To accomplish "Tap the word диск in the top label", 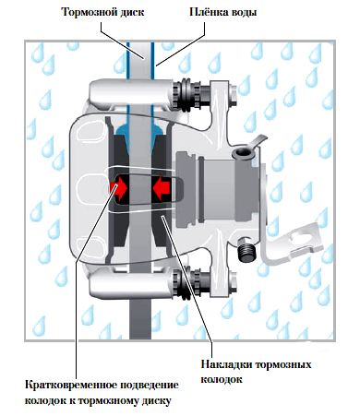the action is click(x=132, y=13).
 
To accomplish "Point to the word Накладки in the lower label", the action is click(x=226, y=364).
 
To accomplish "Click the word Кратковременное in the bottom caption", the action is click(x=71, y=385).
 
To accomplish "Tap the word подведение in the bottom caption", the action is click(x=150, y=386).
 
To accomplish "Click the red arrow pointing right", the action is click(x=119, y=187).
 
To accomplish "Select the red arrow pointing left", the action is click(x=162, y=187).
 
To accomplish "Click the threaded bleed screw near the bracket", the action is click(x=246, y=249).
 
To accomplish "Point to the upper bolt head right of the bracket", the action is click(x=233, y=93).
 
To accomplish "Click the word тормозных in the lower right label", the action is click(x=283, y=364).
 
